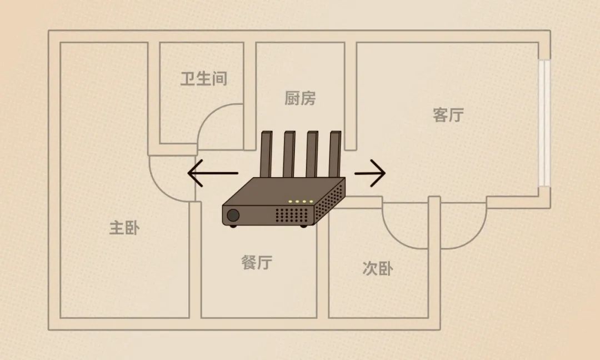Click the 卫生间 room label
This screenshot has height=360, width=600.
click(x=204, y=79)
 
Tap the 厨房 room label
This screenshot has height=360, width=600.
click(x=300, y=99)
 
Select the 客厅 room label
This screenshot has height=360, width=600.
click(x=448, y=115)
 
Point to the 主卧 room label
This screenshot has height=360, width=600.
click(x=124, y=228)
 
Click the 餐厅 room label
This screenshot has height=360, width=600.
click(x=257, y=262)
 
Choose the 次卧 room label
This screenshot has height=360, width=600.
click(x=378, y=269)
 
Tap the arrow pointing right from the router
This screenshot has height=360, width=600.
click(x=370, y=173)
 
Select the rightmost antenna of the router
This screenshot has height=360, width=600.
click(x=335, y=156)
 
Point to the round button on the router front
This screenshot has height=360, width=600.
click(x=233, y=215)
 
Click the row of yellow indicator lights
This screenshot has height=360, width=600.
click(x=301, y=201)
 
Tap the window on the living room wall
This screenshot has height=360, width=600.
click(x=544, y=123)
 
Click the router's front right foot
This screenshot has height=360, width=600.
click(x=303, y=226)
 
